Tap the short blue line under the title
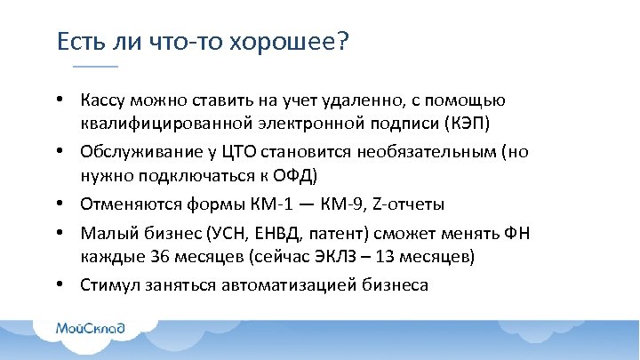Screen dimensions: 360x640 (x=94, y=68)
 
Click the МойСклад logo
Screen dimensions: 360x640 (x=91, y=329)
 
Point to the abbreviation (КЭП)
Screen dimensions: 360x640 (x=462, y=121)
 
